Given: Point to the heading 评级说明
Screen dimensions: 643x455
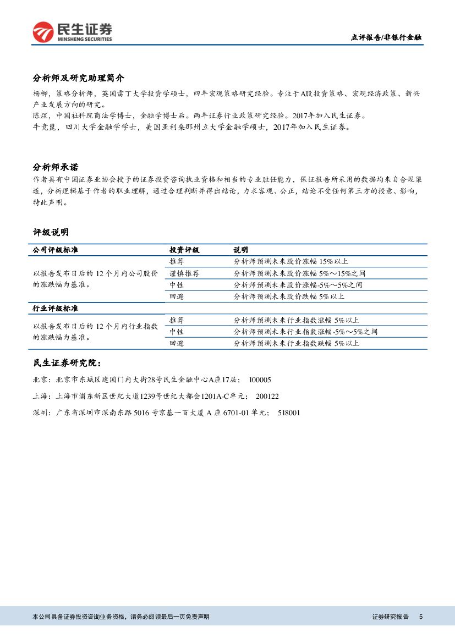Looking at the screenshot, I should point(51,233).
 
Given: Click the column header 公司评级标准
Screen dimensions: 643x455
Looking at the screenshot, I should point(56,250).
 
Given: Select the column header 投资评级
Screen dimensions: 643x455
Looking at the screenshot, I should point(184,250).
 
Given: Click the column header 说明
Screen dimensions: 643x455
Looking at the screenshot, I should point(240,250).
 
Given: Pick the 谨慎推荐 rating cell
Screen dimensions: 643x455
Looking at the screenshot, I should point(184,273).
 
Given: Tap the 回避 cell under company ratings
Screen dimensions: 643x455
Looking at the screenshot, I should point(177,296).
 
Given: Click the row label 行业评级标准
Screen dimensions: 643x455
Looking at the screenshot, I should point(56,308).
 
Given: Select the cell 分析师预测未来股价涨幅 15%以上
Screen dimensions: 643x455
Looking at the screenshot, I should point(290,261).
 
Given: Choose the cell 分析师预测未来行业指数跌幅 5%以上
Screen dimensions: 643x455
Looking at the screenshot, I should point(296,343).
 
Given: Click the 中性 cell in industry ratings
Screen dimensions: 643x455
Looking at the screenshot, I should point(177,332).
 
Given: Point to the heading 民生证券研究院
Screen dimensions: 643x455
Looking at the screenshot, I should point(67,363).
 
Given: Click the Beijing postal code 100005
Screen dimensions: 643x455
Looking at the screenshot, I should point(260,380).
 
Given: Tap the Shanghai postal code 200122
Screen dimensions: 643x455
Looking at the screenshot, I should point(267,396).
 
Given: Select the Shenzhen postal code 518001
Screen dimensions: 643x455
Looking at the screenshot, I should point(289,413).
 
